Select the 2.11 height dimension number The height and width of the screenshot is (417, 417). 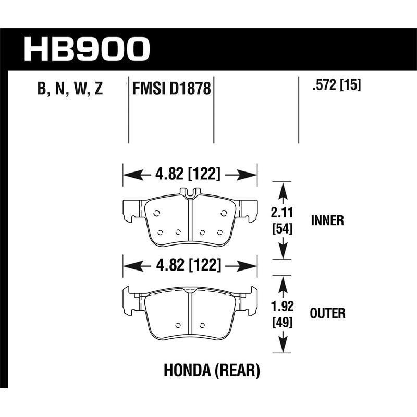(282, 213)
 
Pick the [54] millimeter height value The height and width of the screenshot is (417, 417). (282, 228)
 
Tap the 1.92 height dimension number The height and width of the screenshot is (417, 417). (282, 308)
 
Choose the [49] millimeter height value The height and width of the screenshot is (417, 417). (282, 323)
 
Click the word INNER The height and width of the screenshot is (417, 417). (327, 220)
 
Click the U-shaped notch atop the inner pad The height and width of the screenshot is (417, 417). (190, 193)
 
